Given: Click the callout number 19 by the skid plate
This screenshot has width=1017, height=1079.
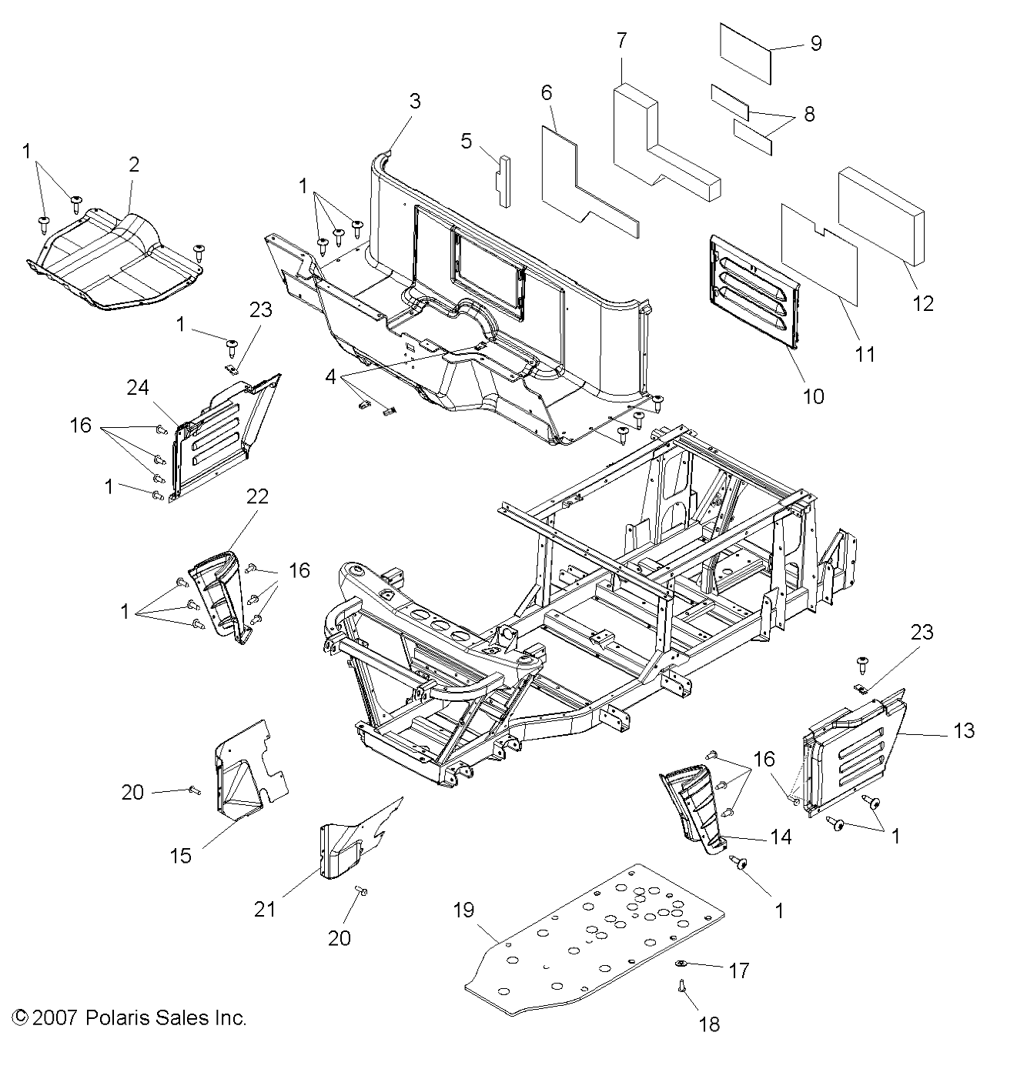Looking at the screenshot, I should (463, 911).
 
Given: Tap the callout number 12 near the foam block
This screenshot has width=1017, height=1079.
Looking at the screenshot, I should (922, 303).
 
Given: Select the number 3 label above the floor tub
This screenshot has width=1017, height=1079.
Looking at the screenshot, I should (415, 101).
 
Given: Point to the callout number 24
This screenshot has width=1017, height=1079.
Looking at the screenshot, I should (138, 388).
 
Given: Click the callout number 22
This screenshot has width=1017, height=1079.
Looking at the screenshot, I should (257, 496).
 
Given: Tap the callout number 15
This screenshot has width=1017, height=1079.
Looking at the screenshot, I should (181, 855).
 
